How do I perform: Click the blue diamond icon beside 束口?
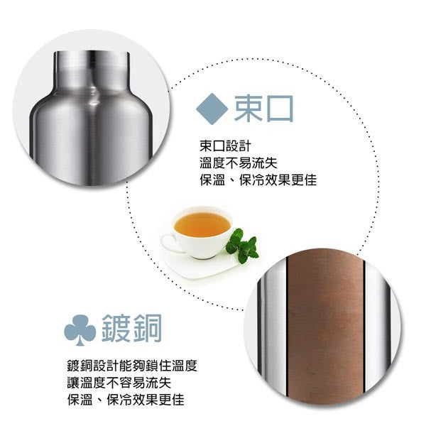click(211, 107)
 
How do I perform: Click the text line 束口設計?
click(226, 146)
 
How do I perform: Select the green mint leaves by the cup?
click(243, 244)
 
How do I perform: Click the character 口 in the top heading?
click(279, 108)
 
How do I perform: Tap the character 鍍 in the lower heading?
click(116, 329)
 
